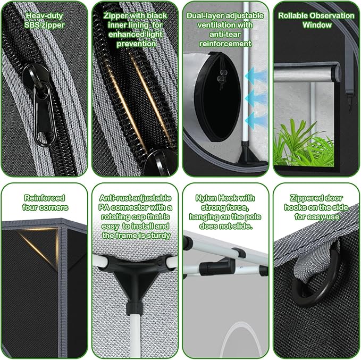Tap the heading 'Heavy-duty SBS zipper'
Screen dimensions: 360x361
44,20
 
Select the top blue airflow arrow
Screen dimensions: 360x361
256,76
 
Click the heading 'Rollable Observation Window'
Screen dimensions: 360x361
316,20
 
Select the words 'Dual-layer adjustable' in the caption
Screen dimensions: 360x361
225,15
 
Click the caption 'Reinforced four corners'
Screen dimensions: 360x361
44,202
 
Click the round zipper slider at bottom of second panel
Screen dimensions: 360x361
155,163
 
